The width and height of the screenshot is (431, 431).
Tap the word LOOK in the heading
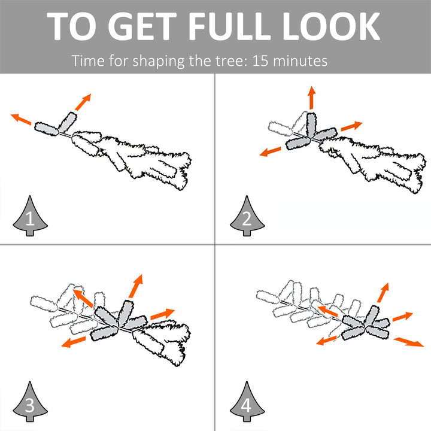(332, 26)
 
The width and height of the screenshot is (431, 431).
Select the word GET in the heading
(142, 26)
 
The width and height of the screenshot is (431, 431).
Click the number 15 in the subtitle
(260, 60)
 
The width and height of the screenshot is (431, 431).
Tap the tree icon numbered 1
(31, 215)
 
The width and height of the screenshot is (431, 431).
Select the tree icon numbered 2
(247, 215)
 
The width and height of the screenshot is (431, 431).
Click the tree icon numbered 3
(31, 401)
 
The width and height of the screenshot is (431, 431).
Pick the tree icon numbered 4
(247, 401)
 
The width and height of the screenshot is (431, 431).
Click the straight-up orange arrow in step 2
(311, 98)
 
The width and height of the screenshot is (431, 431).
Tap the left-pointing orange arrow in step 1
(21, 119)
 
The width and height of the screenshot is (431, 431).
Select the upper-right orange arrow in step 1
(83, 102)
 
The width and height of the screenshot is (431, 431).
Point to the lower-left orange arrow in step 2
(270, 151)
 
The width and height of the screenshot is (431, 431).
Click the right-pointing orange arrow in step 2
(351, 126)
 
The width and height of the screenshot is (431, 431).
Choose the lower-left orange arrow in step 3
(73, 342)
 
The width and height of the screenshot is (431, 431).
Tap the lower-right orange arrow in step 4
(409, 342)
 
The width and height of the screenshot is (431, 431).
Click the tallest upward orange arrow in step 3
(136, 286)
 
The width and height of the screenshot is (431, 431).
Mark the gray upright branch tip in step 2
(311, 125)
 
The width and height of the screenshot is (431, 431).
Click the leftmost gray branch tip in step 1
(47, 129)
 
